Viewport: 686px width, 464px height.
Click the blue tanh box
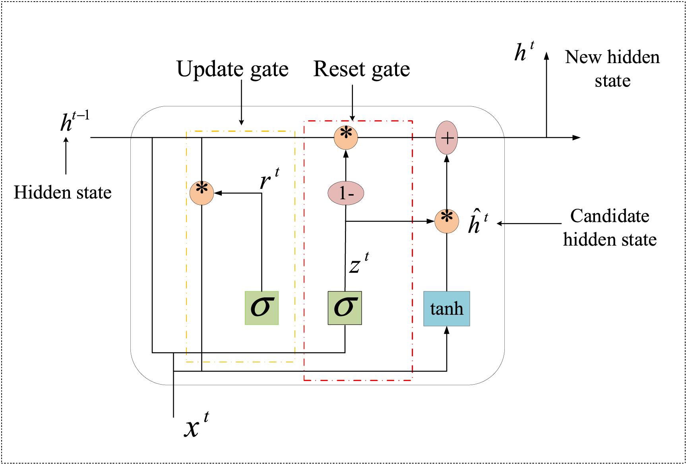point(447,309)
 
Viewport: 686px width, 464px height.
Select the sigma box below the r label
point(262,308)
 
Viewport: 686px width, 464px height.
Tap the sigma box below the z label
point(345,308)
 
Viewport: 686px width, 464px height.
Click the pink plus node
point(447,138)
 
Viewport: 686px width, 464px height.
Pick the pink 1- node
point(346,193)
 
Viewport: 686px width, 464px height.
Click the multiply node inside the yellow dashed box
point(202,193)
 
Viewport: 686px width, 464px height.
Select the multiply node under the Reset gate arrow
point(346,137)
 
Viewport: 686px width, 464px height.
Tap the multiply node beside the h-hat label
point(447,221)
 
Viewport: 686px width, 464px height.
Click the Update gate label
point(233,69)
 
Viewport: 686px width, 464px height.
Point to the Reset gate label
point(362,69)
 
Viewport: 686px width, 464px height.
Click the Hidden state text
point(63,193)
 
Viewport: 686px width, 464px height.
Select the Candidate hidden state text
point(610,228)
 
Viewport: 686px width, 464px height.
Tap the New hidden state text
point(612,69)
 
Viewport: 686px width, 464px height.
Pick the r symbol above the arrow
point(269,179)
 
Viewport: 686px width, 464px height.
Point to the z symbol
point(359,263)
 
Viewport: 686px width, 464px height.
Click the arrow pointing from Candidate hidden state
point(529,223)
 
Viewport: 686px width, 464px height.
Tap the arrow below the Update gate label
point(242,103)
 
